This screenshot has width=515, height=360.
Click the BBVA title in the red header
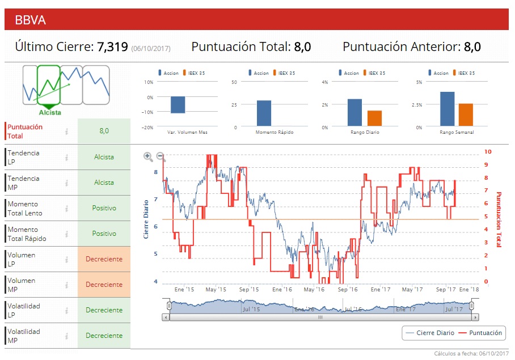(x=31, y=20)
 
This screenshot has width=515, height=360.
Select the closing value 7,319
(x=112, y=46)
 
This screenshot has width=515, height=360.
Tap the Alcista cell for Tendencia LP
(x=104, y=157)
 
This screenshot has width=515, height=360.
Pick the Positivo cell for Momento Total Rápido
(x=104, y=234)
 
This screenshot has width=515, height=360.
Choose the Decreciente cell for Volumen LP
(x=104, y=259)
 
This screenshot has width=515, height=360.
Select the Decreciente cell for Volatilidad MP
(x=104, y=336)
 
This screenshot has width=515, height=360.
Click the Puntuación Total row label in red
(x=25, y=132)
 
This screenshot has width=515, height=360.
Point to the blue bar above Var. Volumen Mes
(x=178, y=105)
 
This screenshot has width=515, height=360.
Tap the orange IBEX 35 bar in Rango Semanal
(x=466, y=115)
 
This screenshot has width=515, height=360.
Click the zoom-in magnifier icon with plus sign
(x=148, y=156)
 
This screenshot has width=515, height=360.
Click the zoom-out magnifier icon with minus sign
(x=161, y=156)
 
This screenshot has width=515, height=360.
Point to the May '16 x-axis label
(x=314, y=289)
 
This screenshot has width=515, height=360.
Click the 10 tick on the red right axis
(x=487, y=152)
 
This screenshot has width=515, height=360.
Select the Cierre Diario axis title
(x=146, y=218)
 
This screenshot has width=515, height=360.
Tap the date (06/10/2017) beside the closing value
(x=151, y=49)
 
